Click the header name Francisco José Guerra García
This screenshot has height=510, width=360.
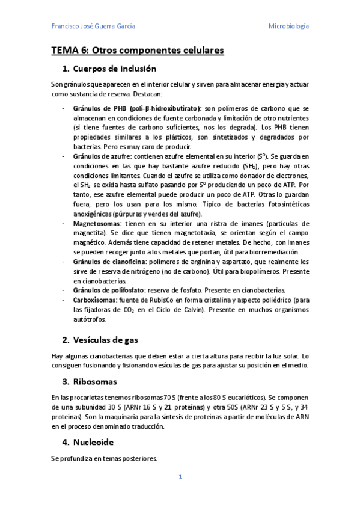coord(93,26)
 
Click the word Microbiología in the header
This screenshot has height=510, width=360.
coord(288,26)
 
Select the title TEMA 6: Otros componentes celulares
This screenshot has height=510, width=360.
coord(138,51)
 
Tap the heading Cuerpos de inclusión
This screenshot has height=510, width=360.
coord(114,69)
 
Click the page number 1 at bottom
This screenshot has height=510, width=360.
coord(180,477)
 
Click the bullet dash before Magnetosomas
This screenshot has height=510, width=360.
coord(64,223)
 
